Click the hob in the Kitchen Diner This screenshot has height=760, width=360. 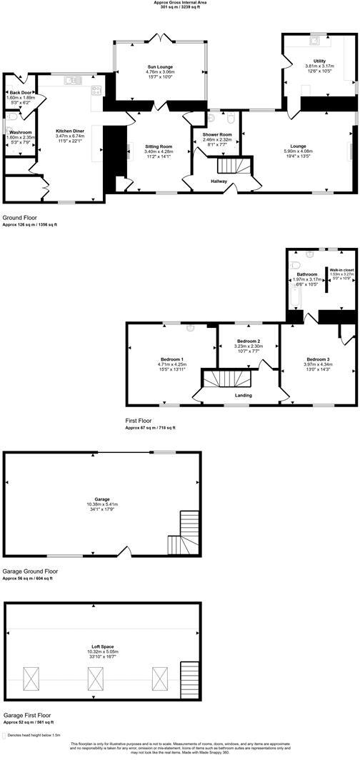[x=96, y=90]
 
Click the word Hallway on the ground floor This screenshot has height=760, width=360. [x=219, y=181]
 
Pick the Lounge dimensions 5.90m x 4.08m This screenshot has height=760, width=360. [x=299, y=151]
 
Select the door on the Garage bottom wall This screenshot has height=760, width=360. [x=124, y=553]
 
